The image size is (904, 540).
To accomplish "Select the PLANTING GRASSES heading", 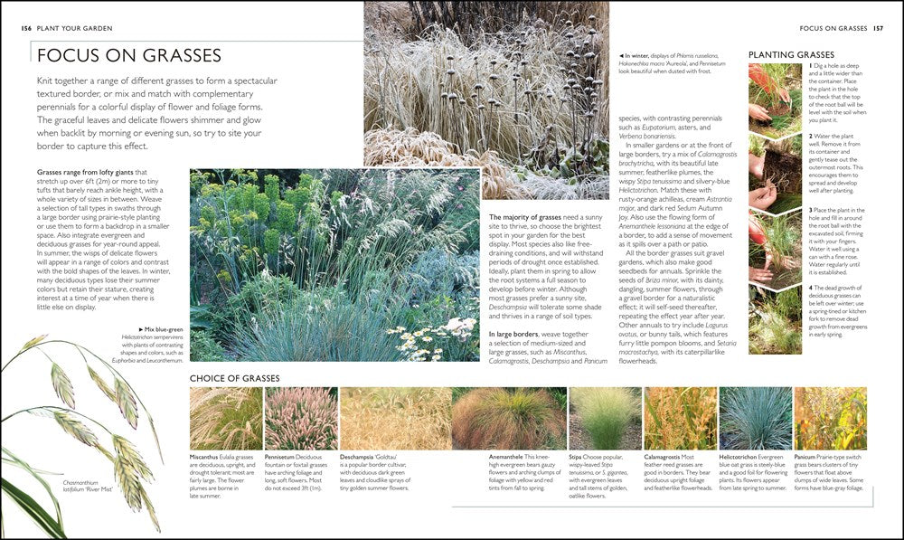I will pos(790,55).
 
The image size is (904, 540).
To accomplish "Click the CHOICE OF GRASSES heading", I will pos(234,378).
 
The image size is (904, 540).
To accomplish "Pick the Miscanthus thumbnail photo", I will pos(225,419).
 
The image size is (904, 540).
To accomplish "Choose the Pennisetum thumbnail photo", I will pos(300,419).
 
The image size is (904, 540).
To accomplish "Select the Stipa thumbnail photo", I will pos(604,419).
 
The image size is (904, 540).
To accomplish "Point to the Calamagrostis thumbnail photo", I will pos(679,419).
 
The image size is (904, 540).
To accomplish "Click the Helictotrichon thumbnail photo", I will pos(755,419).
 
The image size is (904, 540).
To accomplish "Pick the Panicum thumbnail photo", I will pos(830,419).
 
